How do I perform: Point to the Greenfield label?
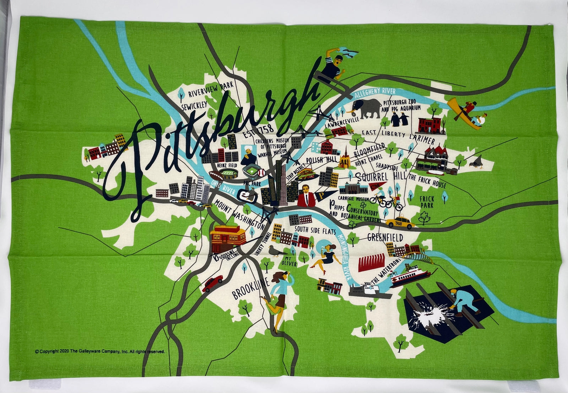tap(385, 237)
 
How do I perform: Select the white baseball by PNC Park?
tap(262, 172)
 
